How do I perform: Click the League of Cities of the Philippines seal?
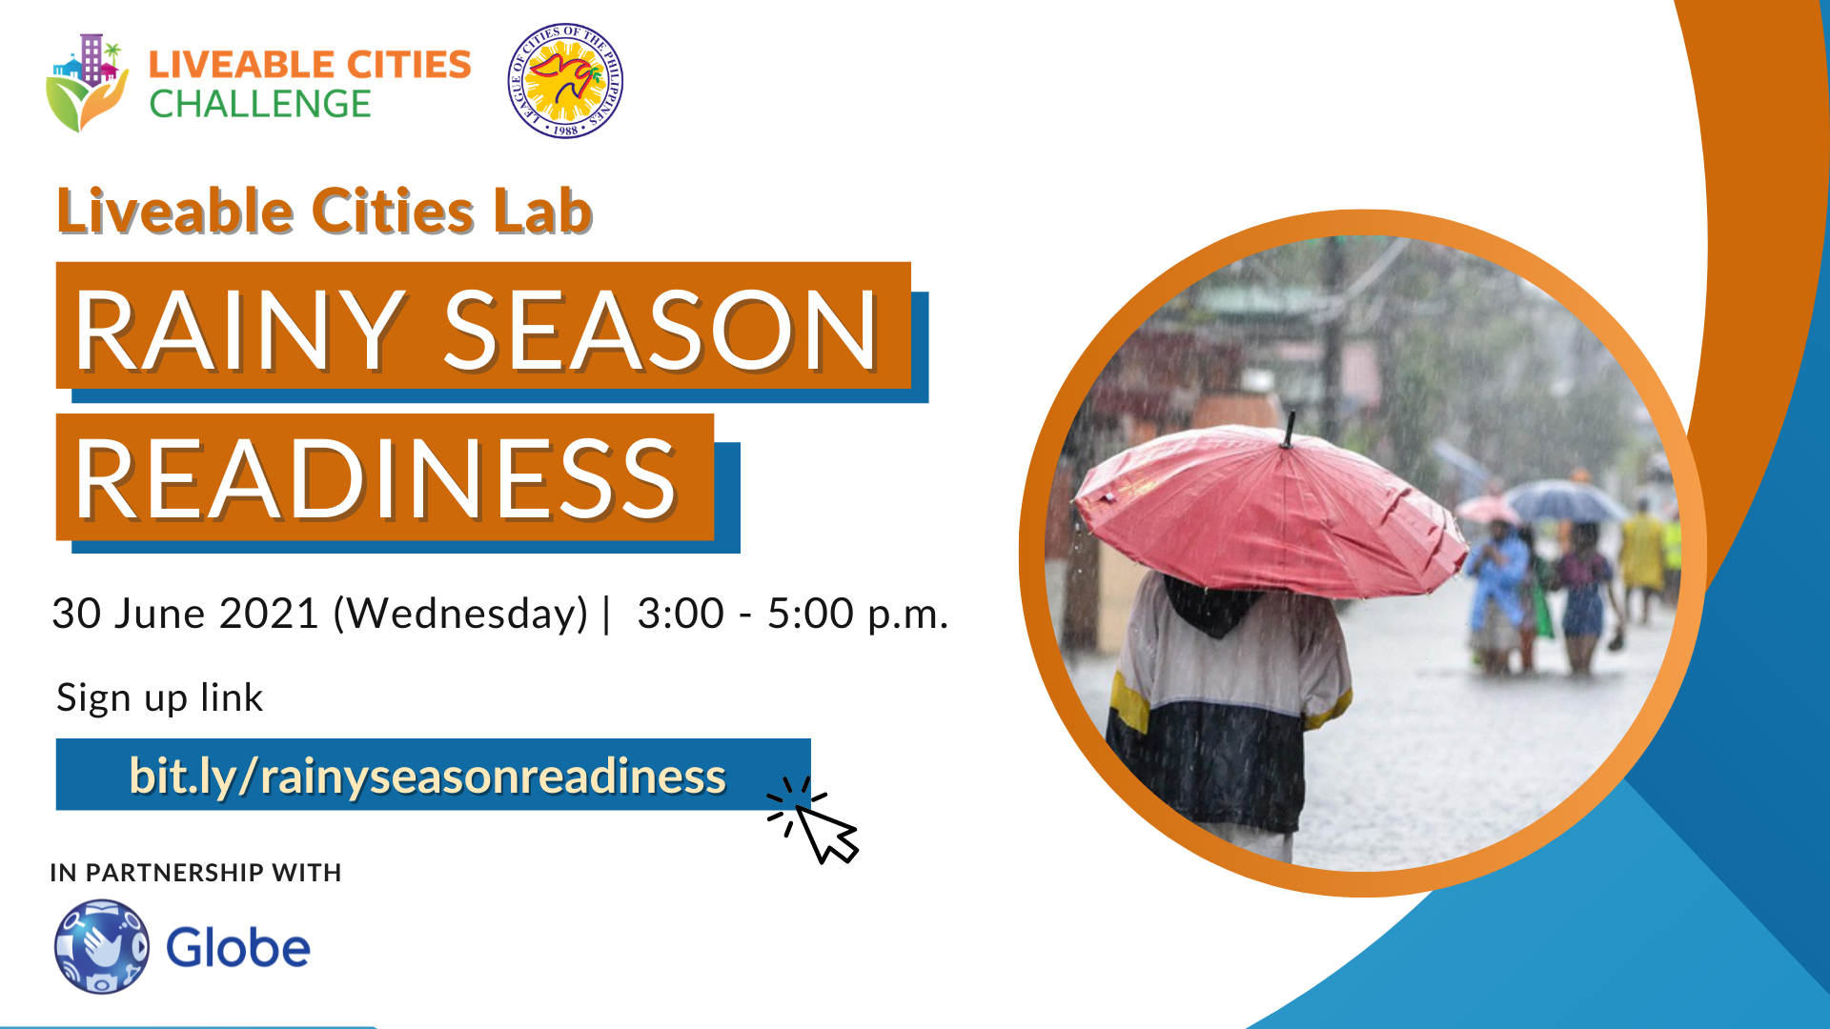[x=565, y=81]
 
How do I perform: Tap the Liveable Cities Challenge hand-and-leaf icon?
[x=87, y=83]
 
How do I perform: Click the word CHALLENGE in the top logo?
[x=260, y=104]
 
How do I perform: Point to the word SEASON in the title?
[x=661, y=330]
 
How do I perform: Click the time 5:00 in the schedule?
[x=810, y=614]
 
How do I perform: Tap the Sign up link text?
[x=159, y=698]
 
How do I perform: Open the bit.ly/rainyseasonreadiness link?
[x=427, y=776]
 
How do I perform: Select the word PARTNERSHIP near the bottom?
[x=174, y=873]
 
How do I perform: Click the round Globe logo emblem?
[x=102, y=947]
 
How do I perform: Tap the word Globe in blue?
[x=238, y=948]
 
